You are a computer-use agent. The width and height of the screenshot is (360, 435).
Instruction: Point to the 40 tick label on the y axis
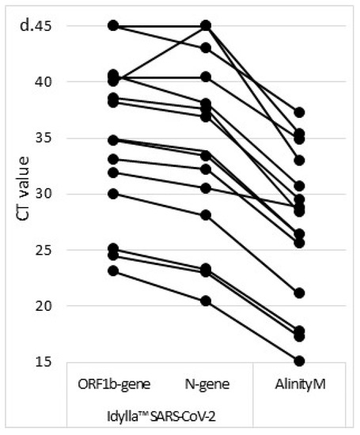(63, 82)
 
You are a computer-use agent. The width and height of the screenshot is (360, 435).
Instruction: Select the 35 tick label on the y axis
(63, 138)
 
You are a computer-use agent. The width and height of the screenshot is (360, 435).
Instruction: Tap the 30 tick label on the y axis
(63, 195)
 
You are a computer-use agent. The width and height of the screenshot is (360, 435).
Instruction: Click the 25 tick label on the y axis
(63, 251)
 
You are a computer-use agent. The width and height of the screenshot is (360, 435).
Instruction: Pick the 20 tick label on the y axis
(63, 306)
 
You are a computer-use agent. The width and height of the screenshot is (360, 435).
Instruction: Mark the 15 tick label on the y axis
(63, 362)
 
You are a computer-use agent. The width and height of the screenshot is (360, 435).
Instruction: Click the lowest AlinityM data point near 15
(299, 361)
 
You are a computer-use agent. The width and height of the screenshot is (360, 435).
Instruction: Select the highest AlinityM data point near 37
(299, 113)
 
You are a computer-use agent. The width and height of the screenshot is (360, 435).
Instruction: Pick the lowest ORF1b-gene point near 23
(113, 271)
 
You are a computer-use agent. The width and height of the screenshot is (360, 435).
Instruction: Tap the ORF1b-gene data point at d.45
(113, 26)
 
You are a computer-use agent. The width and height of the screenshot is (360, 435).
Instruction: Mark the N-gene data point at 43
(206, 48)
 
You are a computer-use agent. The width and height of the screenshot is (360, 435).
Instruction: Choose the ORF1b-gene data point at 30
(113, 194)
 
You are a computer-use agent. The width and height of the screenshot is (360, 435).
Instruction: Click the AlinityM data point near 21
(299, 293)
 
